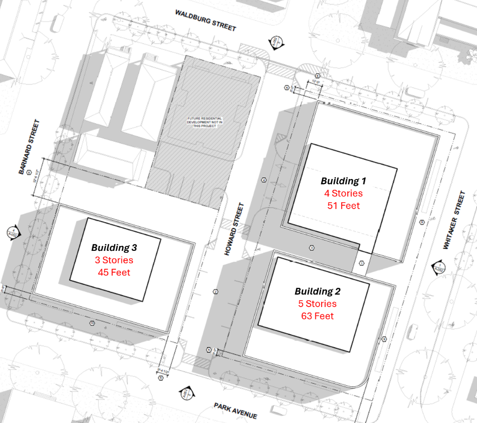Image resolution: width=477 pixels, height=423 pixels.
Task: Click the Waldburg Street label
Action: [205, 20]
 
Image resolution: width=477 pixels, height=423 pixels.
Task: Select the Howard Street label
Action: [235, 229]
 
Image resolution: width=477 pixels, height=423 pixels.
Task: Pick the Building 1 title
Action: [343, 181]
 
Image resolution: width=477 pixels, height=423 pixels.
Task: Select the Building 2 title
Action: [317, 292]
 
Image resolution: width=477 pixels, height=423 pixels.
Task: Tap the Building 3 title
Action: [114, 247]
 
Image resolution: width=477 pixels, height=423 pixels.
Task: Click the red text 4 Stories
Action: [343, 193]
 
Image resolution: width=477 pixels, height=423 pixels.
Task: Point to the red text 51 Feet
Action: [343, 205]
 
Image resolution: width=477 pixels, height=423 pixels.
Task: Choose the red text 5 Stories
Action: [317, 304]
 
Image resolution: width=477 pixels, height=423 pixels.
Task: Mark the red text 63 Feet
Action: [317, 316]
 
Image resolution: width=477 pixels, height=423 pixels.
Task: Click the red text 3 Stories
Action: [114, 260]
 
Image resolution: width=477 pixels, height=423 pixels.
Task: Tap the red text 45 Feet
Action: [114, 272]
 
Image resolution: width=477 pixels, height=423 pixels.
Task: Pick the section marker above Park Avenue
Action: [185, 394]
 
